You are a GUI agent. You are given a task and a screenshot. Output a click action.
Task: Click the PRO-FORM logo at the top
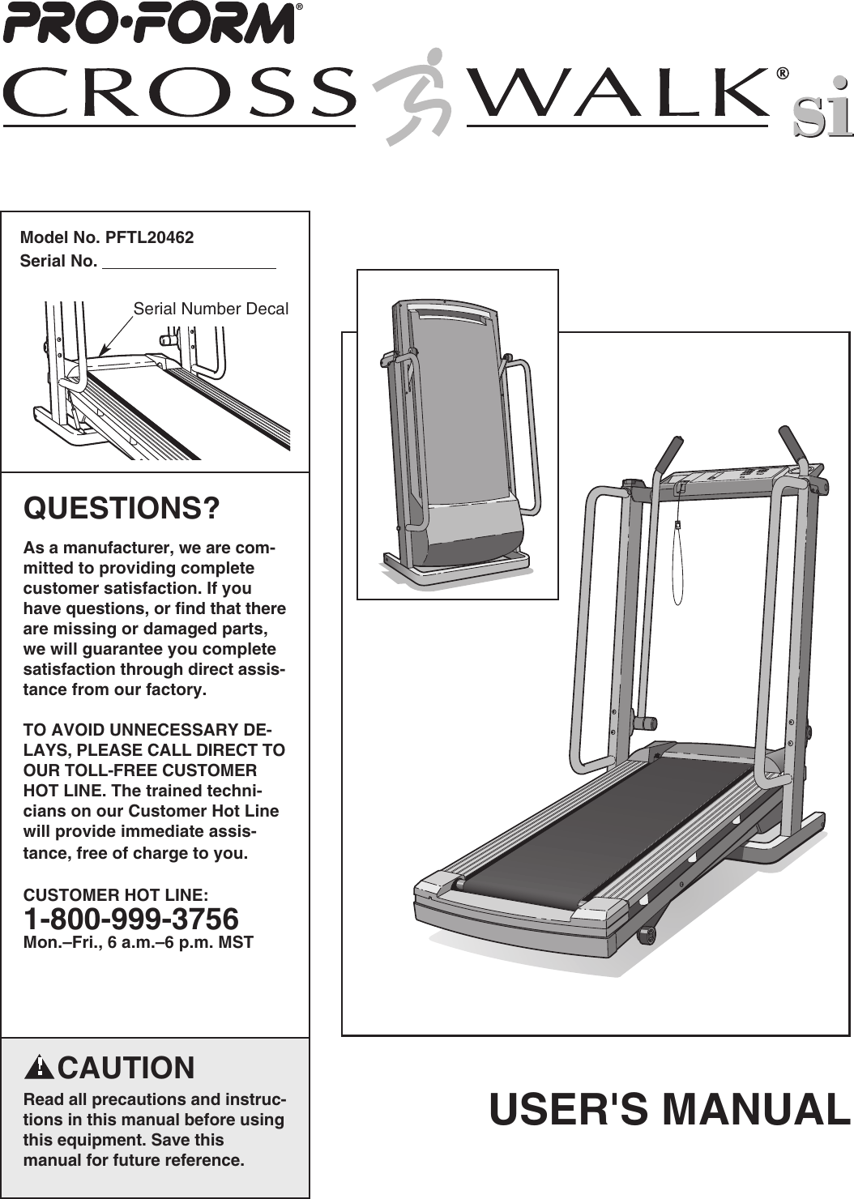(x=148, y=24)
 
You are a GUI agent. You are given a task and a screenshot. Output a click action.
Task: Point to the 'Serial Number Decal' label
(x=210, y=309)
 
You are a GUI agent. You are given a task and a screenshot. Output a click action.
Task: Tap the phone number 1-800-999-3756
(x=130, y=919)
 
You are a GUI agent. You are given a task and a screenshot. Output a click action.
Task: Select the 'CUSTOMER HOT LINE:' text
(x=115, y=894)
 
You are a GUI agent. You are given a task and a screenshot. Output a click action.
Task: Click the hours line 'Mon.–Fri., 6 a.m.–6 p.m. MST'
(x=138, y=942)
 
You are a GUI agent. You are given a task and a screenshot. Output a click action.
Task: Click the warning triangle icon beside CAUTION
(x=38, y=1067)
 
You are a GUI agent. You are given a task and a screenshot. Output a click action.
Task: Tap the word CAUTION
(x=126, y=1068)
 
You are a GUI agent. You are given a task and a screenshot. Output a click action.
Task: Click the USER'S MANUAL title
(x=668, y=1109)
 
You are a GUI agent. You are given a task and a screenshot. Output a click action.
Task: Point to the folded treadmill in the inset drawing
(x=458, y=437)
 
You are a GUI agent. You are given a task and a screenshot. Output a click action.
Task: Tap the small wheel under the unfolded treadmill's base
(x=646, y=935)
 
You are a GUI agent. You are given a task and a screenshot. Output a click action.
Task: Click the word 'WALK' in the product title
(x=620, y=93)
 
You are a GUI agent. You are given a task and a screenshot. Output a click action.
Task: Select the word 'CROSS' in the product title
(x=180, y=93)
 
